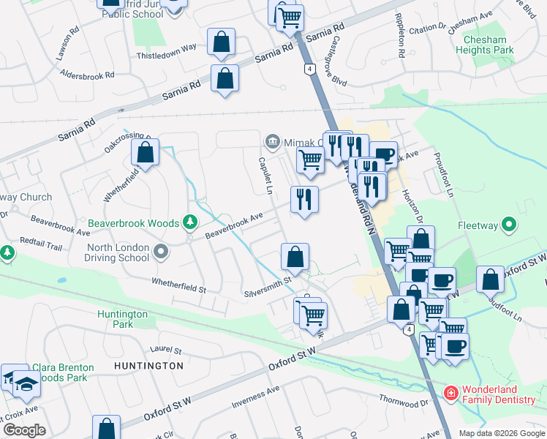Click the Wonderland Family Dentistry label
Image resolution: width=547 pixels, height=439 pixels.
tap(499, 394)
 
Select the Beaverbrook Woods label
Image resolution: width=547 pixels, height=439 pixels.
tap(133, 222)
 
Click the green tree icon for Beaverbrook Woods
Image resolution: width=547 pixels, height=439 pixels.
tap(190, 222)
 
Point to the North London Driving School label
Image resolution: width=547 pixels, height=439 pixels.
tap(118, 252)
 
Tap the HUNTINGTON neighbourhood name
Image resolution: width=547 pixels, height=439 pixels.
tap(149, 365)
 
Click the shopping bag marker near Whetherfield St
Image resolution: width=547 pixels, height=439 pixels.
tap(146, 154)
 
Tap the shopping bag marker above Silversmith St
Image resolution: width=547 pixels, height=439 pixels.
tap(295, 257)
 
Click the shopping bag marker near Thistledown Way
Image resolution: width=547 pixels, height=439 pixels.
tap(221, 43)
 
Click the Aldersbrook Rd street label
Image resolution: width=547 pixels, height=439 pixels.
tap(88, 75)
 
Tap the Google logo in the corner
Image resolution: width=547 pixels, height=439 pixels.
tap(23, 430)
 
